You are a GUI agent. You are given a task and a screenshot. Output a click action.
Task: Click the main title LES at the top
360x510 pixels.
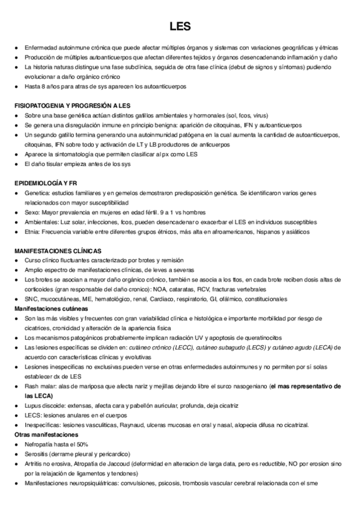point(180,26)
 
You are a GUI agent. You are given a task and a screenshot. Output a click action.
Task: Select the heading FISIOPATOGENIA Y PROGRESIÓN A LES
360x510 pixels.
point(72,105)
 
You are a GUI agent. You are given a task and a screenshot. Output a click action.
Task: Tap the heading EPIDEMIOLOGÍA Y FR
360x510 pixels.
point(47,182)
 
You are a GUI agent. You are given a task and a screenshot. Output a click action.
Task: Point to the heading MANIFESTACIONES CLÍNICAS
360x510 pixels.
point(58,250)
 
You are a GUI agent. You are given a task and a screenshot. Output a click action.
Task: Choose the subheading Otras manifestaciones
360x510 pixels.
point(46,434)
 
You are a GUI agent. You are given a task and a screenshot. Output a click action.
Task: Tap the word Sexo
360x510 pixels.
point(31,212)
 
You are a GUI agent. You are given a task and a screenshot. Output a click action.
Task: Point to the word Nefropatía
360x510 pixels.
point(39,444)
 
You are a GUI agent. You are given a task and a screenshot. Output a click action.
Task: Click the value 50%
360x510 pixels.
point(82,444)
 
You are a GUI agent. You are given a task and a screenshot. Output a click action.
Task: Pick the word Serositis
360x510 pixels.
point(37,453)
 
